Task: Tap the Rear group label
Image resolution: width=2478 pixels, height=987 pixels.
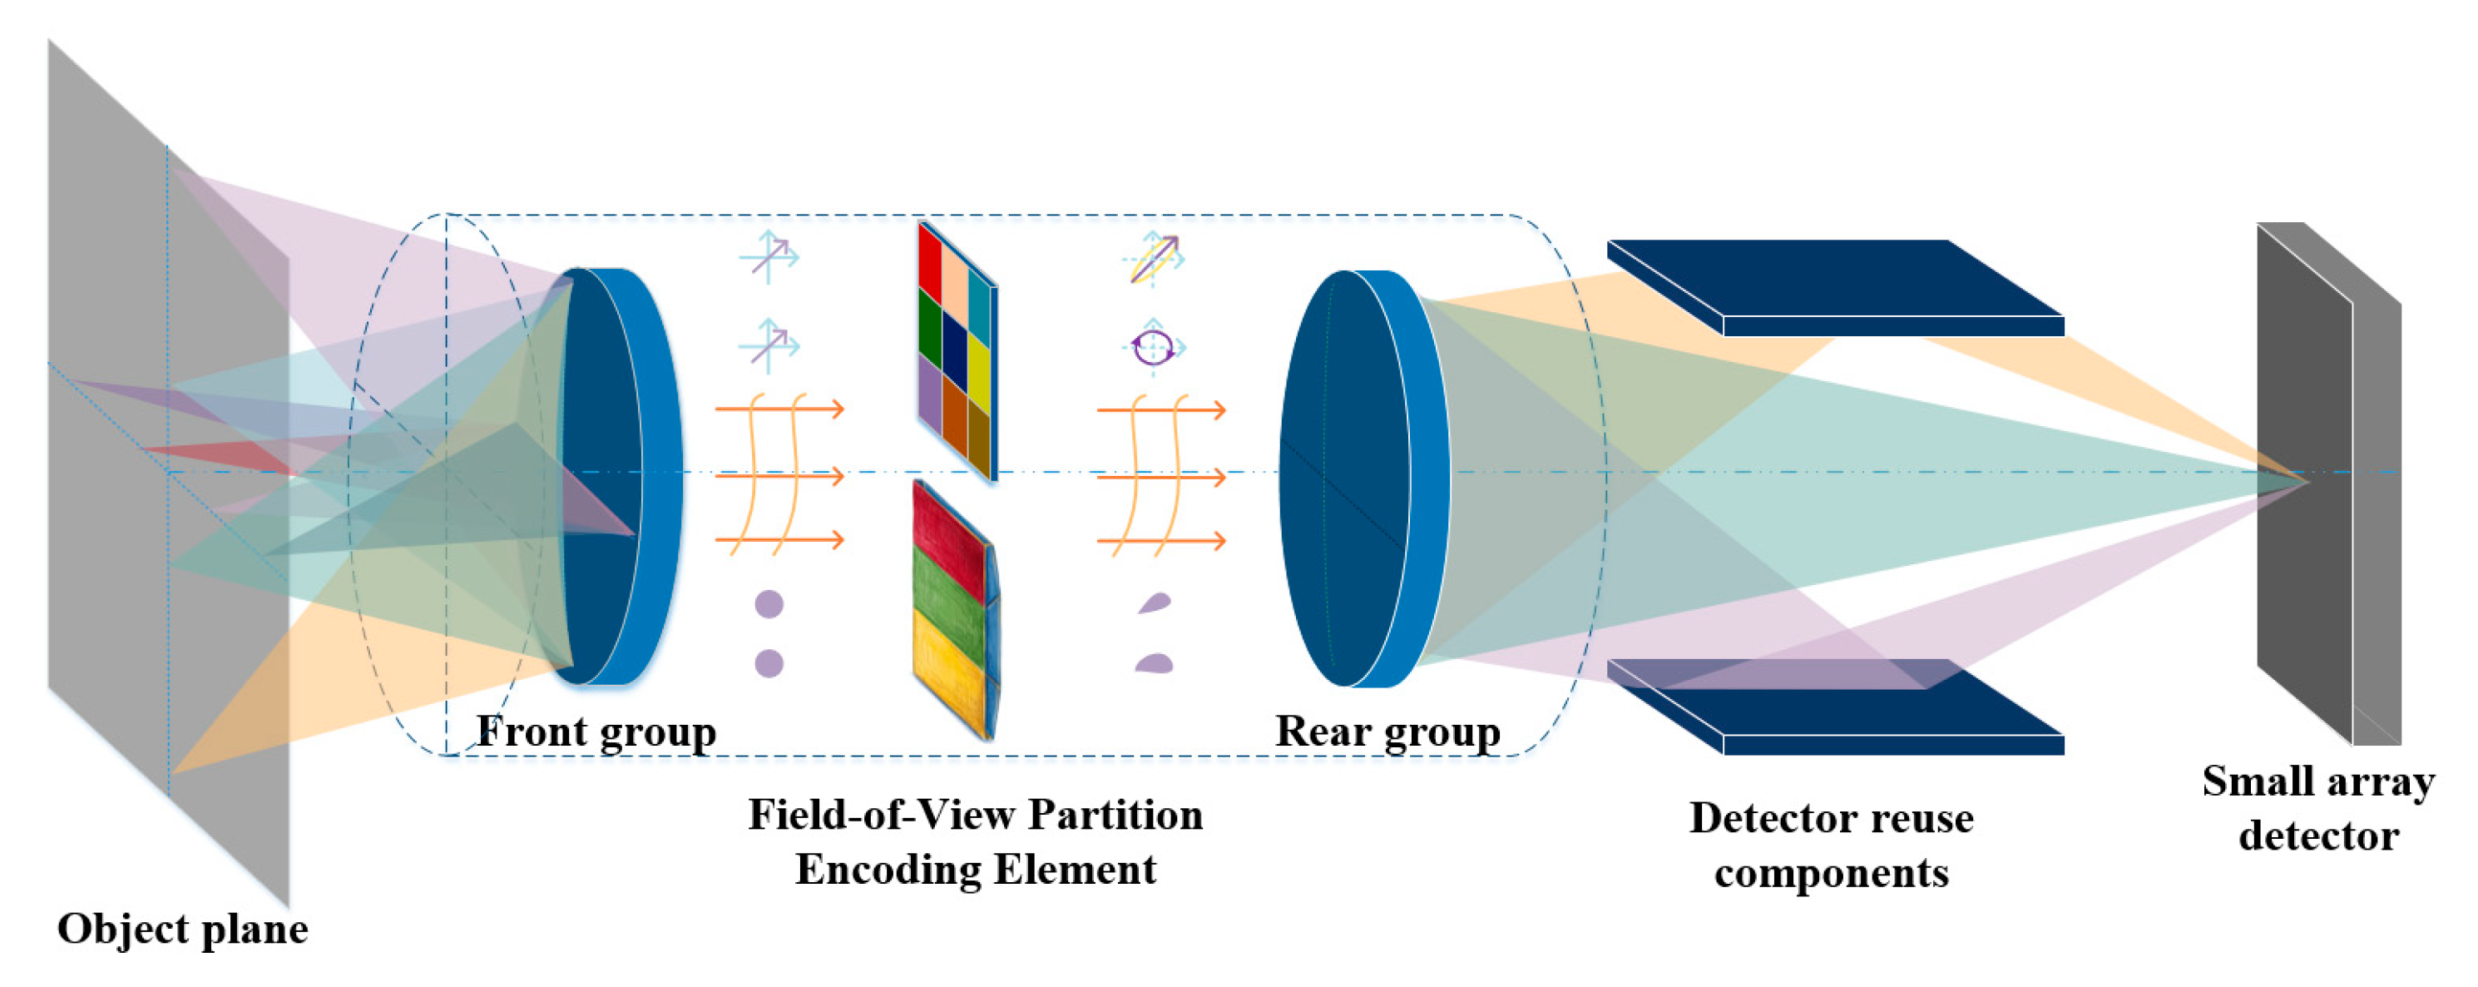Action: (1388, 733)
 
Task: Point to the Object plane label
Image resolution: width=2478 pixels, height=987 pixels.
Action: (183, 930)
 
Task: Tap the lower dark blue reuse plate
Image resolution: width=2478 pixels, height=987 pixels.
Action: (1835, 707)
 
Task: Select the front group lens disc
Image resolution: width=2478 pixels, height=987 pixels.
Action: (621, 476)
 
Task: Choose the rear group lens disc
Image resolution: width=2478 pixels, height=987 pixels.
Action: (1364, 479)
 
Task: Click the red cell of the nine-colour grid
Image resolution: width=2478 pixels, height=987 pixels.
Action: (930, 260)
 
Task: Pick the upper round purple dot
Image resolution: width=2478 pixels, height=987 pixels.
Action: (769, 604)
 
